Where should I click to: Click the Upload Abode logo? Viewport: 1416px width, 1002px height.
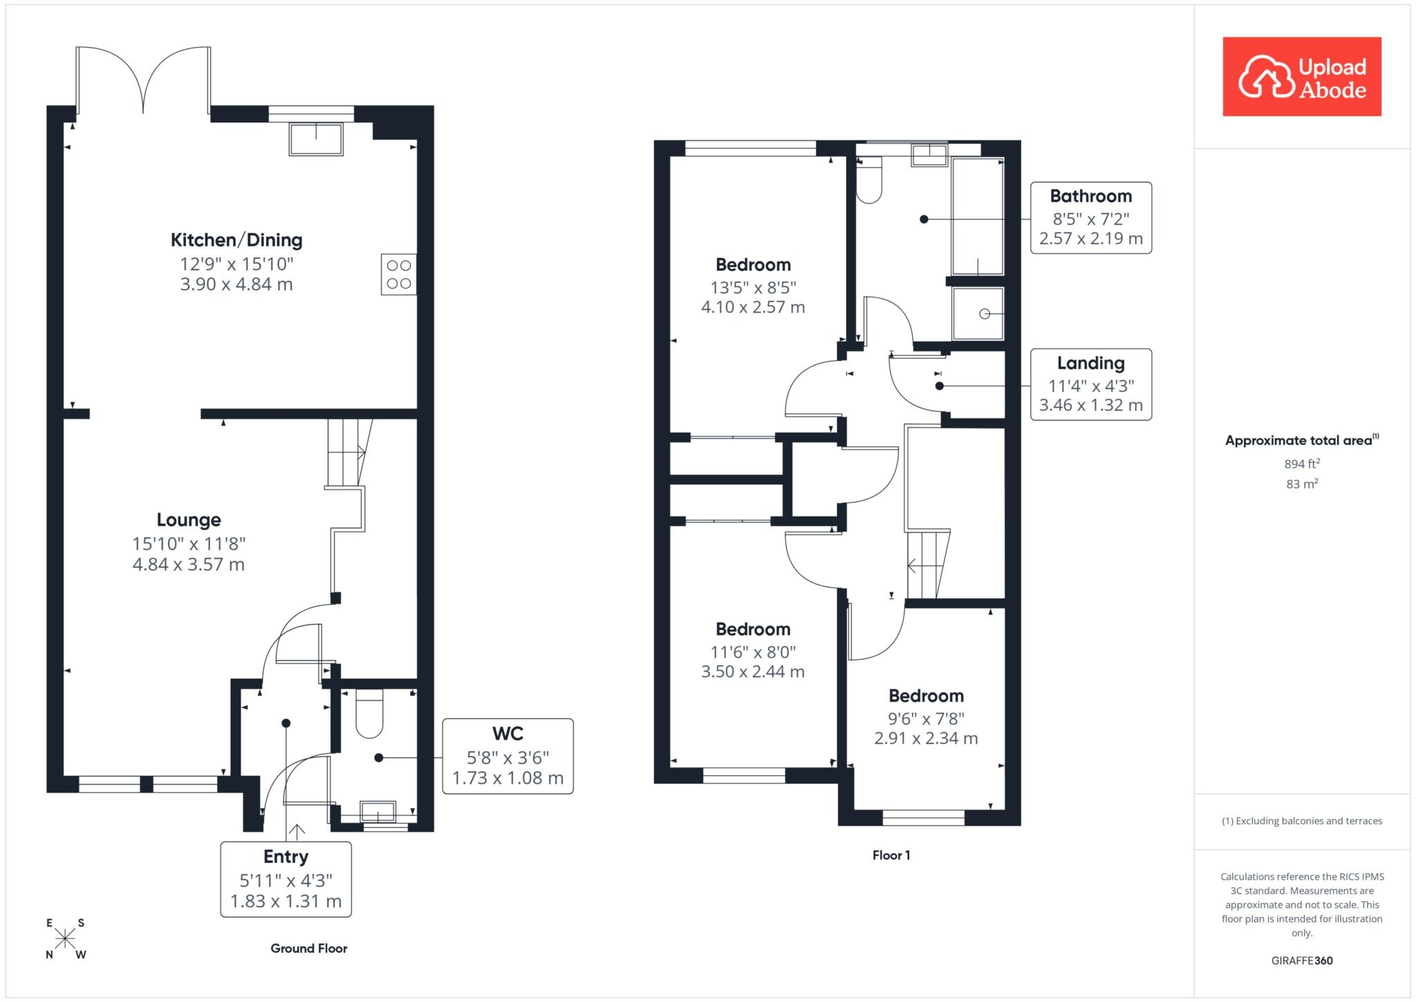pos(1302,77)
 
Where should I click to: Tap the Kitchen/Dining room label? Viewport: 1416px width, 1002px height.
pos(236,240)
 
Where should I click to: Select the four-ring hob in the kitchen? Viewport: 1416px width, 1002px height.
pos(399,275)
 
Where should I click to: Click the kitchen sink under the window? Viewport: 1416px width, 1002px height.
pos(316,139)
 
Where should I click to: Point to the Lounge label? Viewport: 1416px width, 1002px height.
pos(189,520)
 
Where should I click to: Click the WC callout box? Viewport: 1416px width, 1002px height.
pos(507,756)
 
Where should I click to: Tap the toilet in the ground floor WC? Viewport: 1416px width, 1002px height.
pos(369,714)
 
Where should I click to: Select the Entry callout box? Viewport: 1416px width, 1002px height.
pos(286,879)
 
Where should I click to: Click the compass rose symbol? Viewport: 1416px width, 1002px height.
pos(66,938)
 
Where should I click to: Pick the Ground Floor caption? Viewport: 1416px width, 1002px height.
pos(309,948)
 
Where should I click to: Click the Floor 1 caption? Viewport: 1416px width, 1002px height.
pos(891,855)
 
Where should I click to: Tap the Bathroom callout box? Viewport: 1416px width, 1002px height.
pos(1091,218)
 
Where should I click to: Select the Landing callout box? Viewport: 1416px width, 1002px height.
pos(1091,384)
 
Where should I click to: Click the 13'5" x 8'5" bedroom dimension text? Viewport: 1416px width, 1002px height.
pos(753,288)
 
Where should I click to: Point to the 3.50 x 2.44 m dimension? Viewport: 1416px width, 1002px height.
pos(753,671)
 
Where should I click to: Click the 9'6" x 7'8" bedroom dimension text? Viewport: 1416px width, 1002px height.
pos(926,718)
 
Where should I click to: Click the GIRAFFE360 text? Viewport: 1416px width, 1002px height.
pos(1302,961)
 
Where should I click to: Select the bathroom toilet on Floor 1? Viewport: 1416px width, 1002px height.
pos(870,180)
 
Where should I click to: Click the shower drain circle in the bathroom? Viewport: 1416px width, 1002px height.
pos(985,314)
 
